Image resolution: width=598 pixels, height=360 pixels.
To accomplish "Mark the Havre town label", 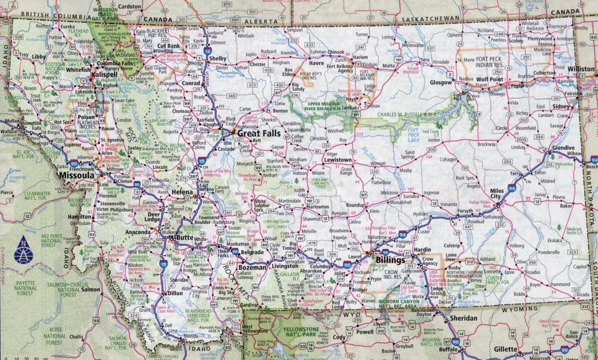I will tap(317, 63).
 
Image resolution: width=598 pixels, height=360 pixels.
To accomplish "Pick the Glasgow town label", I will tap(441, 82).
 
